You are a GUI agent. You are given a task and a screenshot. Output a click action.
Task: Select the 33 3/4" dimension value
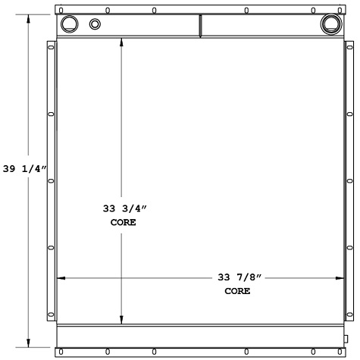click(120, 208)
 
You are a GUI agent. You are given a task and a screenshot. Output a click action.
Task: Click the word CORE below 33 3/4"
click(120, 223)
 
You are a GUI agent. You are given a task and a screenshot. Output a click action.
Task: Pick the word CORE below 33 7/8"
click(237, 291)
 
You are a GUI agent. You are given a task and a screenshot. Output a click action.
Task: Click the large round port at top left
click(68, 23)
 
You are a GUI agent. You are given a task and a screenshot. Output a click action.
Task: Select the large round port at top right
click(330, 23)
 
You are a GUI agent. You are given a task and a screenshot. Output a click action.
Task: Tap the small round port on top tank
click(95, 24)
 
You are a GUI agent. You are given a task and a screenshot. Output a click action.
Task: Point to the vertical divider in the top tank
click(200, 26)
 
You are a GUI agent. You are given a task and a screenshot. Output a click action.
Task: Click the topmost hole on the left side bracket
click(52, 49)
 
